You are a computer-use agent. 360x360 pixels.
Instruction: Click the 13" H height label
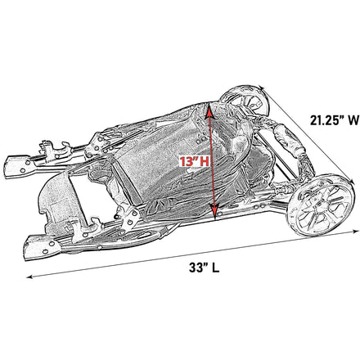[194, 162]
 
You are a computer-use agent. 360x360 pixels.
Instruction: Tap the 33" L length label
[204, 268]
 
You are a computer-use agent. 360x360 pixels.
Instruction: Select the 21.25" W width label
[335, 120]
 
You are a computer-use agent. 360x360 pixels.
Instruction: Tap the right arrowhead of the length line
[357, 232]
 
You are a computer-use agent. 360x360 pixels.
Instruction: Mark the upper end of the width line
[261, 88]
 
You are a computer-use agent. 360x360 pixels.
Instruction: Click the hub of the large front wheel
[320, 205]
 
